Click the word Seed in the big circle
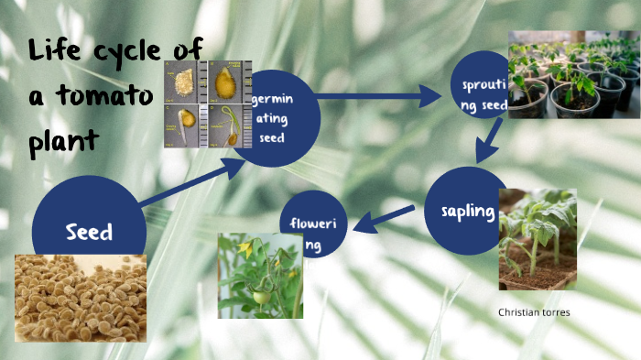89,232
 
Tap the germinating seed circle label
272,118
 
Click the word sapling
462,213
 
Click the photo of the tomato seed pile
81,298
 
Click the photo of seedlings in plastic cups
573,75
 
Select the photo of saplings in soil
538,239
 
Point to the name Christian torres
534,312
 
